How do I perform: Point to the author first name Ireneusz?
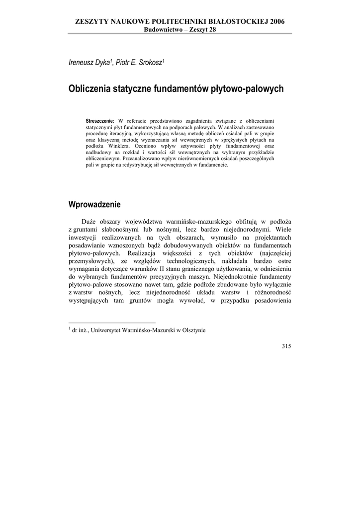(x=83, y=63)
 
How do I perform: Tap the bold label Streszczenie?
(x=100, y=120)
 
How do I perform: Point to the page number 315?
(x=285, y=346)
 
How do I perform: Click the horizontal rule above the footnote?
(x=112, y=323)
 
